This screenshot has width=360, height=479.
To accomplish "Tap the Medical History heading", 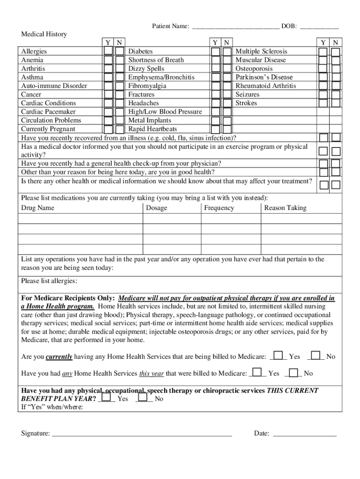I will (x=44, y=34).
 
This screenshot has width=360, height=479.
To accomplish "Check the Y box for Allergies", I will (x=108, y=51).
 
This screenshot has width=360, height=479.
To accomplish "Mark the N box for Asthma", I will (x=120, y=77).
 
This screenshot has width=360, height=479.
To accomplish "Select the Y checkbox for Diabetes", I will (x=215, y=51).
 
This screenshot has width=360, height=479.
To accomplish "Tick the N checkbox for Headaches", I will (x=227, y=103).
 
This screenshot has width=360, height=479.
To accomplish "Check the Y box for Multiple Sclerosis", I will (x=323, y=51).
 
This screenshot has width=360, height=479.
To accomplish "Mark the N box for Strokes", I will (x=335, y=103).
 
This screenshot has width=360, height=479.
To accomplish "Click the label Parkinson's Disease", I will (x=264, y=77).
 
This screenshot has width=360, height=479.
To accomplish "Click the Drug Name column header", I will (x=38, y=208).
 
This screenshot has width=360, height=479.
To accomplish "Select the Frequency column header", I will (x=219, y=208).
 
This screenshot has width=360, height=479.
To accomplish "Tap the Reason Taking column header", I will (x=285, y=208).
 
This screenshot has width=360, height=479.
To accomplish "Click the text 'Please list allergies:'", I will (x=50, y=281).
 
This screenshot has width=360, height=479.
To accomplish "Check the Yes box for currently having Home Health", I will (x=278, y=356).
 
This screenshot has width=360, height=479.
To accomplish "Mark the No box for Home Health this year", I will (x=294, y=373).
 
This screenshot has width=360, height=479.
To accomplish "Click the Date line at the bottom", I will (x=304, y=433).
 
